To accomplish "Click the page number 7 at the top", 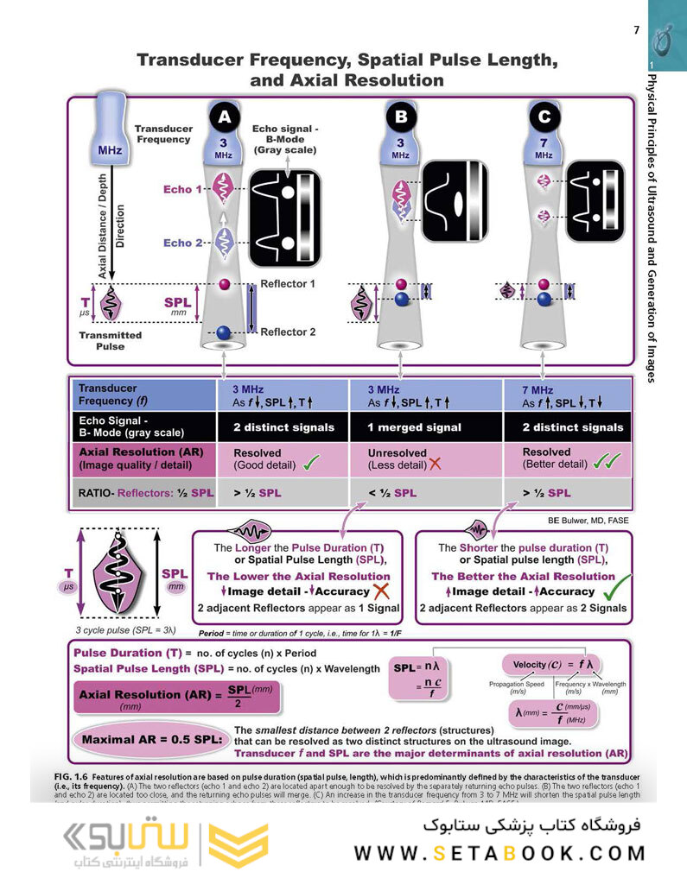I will click(636, 30).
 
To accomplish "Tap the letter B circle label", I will click(400, 117).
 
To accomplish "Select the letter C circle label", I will click(544, 117).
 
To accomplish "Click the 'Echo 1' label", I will click(183, 189).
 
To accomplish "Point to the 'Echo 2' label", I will click(183, 243).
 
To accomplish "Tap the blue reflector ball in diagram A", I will click(224, 332).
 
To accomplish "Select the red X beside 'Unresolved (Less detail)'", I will click(435, 464).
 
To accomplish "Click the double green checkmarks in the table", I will click(601, 463).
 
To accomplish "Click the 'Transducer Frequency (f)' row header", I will click(143, 395).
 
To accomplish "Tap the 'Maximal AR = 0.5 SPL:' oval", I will click(149, 740).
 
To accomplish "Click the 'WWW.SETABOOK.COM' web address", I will click(499, 853).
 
